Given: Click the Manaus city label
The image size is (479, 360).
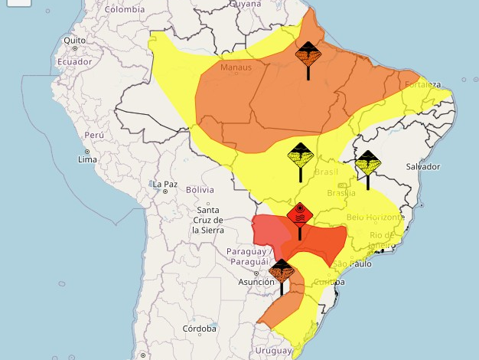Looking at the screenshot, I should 236,67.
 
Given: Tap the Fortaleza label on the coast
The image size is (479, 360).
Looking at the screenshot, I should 423,84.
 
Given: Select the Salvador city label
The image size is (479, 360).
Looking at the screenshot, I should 423,166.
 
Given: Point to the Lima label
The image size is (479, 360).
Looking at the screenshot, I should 87,159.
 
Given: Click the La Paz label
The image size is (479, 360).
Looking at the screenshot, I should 165,185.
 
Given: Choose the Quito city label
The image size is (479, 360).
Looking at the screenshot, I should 75,41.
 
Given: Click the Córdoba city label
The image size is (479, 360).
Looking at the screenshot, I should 200,329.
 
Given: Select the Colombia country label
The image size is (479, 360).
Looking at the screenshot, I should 125,9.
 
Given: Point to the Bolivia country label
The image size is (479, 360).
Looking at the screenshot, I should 200,189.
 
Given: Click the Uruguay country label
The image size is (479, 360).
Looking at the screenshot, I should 273,350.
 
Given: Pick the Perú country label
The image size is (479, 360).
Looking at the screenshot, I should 93,135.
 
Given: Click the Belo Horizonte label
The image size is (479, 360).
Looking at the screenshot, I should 375,218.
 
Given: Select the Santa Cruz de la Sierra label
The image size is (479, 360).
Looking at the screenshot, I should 207,220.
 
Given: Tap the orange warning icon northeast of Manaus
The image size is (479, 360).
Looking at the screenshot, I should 308,54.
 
